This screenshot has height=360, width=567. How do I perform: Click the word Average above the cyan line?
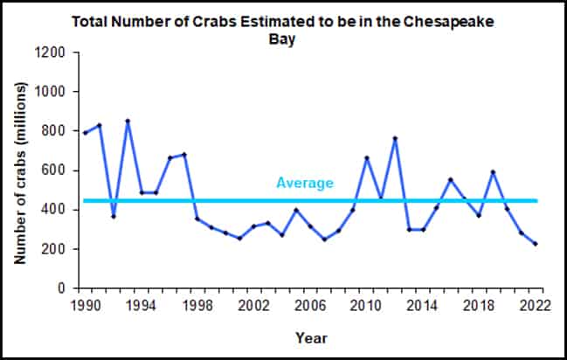pos(305,183)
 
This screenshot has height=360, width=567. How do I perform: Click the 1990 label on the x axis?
pos(85,305)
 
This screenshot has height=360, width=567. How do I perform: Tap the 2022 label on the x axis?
pos(536,305)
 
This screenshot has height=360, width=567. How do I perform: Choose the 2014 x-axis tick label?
pos(423,305)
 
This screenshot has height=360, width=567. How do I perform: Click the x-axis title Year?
pos(312,336)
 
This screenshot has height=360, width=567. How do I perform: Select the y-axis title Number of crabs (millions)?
pos(18,170)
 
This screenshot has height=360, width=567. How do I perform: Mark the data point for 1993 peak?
pos(128,121)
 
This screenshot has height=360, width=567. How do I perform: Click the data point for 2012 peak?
pos(395,138)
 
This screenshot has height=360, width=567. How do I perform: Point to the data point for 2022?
pos(536,244)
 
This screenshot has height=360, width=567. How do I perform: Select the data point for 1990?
pos(85,133)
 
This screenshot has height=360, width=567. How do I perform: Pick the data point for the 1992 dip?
pos(114,216)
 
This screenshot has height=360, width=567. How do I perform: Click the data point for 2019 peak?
pos(494,172)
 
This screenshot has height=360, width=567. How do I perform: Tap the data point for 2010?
pos(367,158)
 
